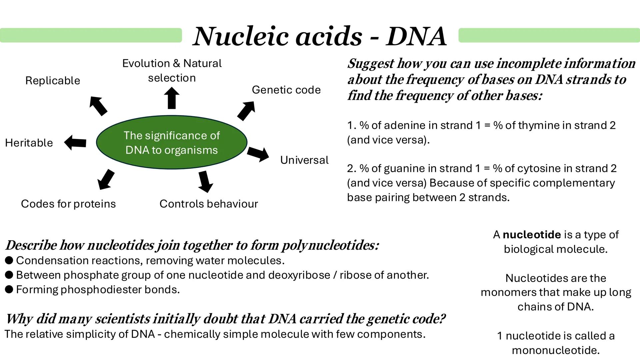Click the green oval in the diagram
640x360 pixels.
point(171,142)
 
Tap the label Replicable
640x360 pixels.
point(53,81)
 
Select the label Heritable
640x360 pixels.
point(29,143)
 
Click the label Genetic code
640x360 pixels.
point(286,90)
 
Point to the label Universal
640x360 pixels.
point(304,160)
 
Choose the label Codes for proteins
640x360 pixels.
point(68,204)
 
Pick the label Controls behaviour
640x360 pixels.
point(209,204)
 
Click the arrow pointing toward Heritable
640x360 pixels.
point(75,143)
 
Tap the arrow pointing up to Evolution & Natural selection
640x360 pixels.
point(172,98)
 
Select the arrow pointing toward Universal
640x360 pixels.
point(258,154)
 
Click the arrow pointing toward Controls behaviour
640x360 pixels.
point(205,181)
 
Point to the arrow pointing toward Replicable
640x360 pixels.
point(98,106)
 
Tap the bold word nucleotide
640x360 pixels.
point(532,235)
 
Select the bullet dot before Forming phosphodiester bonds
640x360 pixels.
point(9,289)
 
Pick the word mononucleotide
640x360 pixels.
point(556,350)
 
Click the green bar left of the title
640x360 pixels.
point(91,35)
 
